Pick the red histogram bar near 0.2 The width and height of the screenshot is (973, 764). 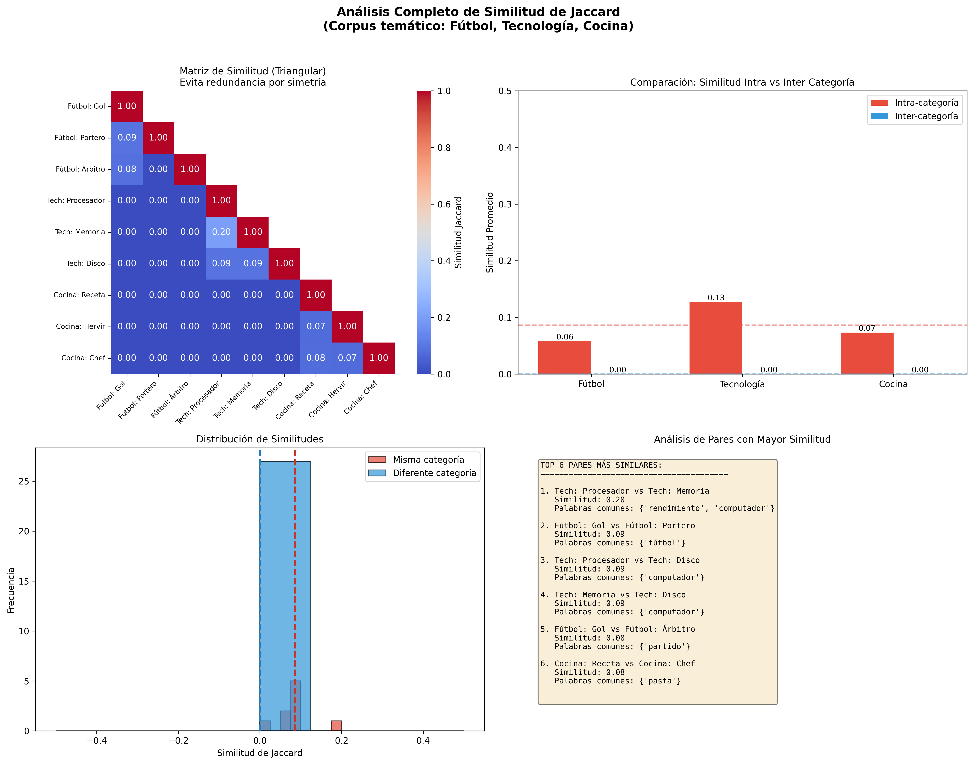coord(336,725)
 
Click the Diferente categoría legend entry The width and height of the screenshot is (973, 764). coord(434,473)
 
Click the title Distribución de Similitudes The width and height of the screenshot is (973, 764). coord(260,439)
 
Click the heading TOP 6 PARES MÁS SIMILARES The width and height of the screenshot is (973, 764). coord(601,465)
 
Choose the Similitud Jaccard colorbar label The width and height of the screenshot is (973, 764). coord(458,233)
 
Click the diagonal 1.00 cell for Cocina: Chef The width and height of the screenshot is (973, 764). coord(379,358)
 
